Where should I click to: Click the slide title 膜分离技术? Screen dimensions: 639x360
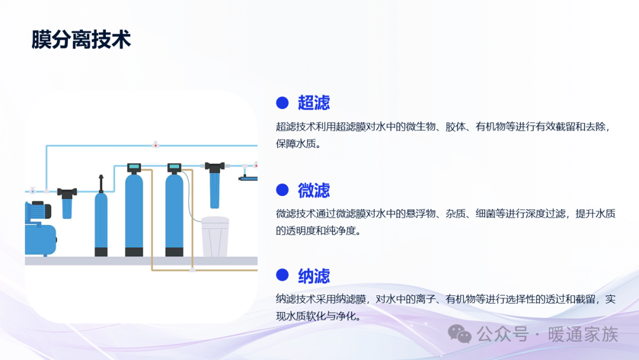81,40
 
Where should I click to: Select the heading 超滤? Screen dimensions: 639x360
314,103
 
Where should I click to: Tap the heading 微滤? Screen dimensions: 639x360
314,190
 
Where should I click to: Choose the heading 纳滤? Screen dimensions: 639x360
314,276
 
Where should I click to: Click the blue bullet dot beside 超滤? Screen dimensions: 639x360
282,103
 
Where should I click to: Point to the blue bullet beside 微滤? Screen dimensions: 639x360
282,189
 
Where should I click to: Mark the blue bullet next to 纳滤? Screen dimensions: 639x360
282,275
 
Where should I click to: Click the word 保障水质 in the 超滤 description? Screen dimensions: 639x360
296,144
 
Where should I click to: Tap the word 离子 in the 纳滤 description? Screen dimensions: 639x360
425,299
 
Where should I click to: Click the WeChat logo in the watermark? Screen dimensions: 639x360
460,335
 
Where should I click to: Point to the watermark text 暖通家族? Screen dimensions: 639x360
583,335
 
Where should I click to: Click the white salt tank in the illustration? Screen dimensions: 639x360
215,237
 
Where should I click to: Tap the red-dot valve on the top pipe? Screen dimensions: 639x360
155,144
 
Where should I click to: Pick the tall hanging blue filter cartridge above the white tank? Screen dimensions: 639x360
215,185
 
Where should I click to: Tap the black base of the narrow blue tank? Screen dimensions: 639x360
101,252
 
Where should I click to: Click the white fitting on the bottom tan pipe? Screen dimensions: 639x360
192,269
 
